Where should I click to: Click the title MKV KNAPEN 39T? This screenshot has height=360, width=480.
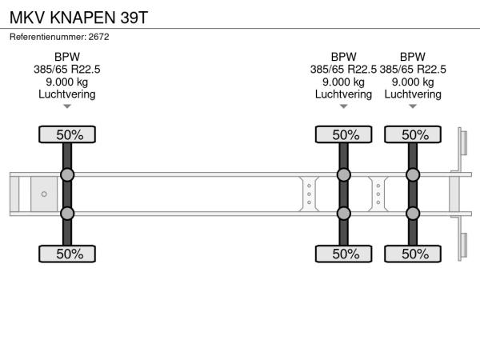[78, 18]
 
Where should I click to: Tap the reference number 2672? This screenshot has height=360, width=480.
[98, 37]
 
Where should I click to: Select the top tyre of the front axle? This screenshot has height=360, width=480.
[67, 134]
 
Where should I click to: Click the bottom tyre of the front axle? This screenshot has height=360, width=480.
[67, 254]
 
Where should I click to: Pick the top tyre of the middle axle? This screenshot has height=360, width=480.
[344, 134]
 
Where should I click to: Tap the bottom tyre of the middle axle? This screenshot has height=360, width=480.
[344, 254]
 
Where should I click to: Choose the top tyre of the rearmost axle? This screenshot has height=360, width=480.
[413, 134]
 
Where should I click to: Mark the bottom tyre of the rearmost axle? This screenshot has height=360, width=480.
[413, 254]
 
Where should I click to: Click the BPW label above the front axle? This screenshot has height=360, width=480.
[67, 57]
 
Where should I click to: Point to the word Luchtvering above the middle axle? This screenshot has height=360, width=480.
[343, 94]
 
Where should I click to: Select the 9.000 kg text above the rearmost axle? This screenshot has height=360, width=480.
[413, 82]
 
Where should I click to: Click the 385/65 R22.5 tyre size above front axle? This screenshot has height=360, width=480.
[67, 70]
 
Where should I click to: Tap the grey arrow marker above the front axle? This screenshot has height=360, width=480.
[67, 106]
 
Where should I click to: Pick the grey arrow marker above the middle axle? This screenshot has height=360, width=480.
[343, 106]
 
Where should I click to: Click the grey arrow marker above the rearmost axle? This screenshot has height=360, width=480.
[413, 106]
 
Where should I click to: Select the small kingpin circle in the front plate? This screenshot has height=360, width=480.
[44, 194]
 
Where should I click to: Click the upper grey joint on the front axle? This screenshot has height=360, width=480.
[67, 175]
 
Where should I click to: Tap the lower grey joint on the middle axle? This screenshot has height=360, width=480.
[344, 214]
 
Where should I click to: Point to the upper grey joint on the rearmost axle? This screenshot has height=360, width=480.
[413, 175]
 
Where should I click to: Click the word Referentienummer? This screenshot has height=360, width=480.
[48, 37]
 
